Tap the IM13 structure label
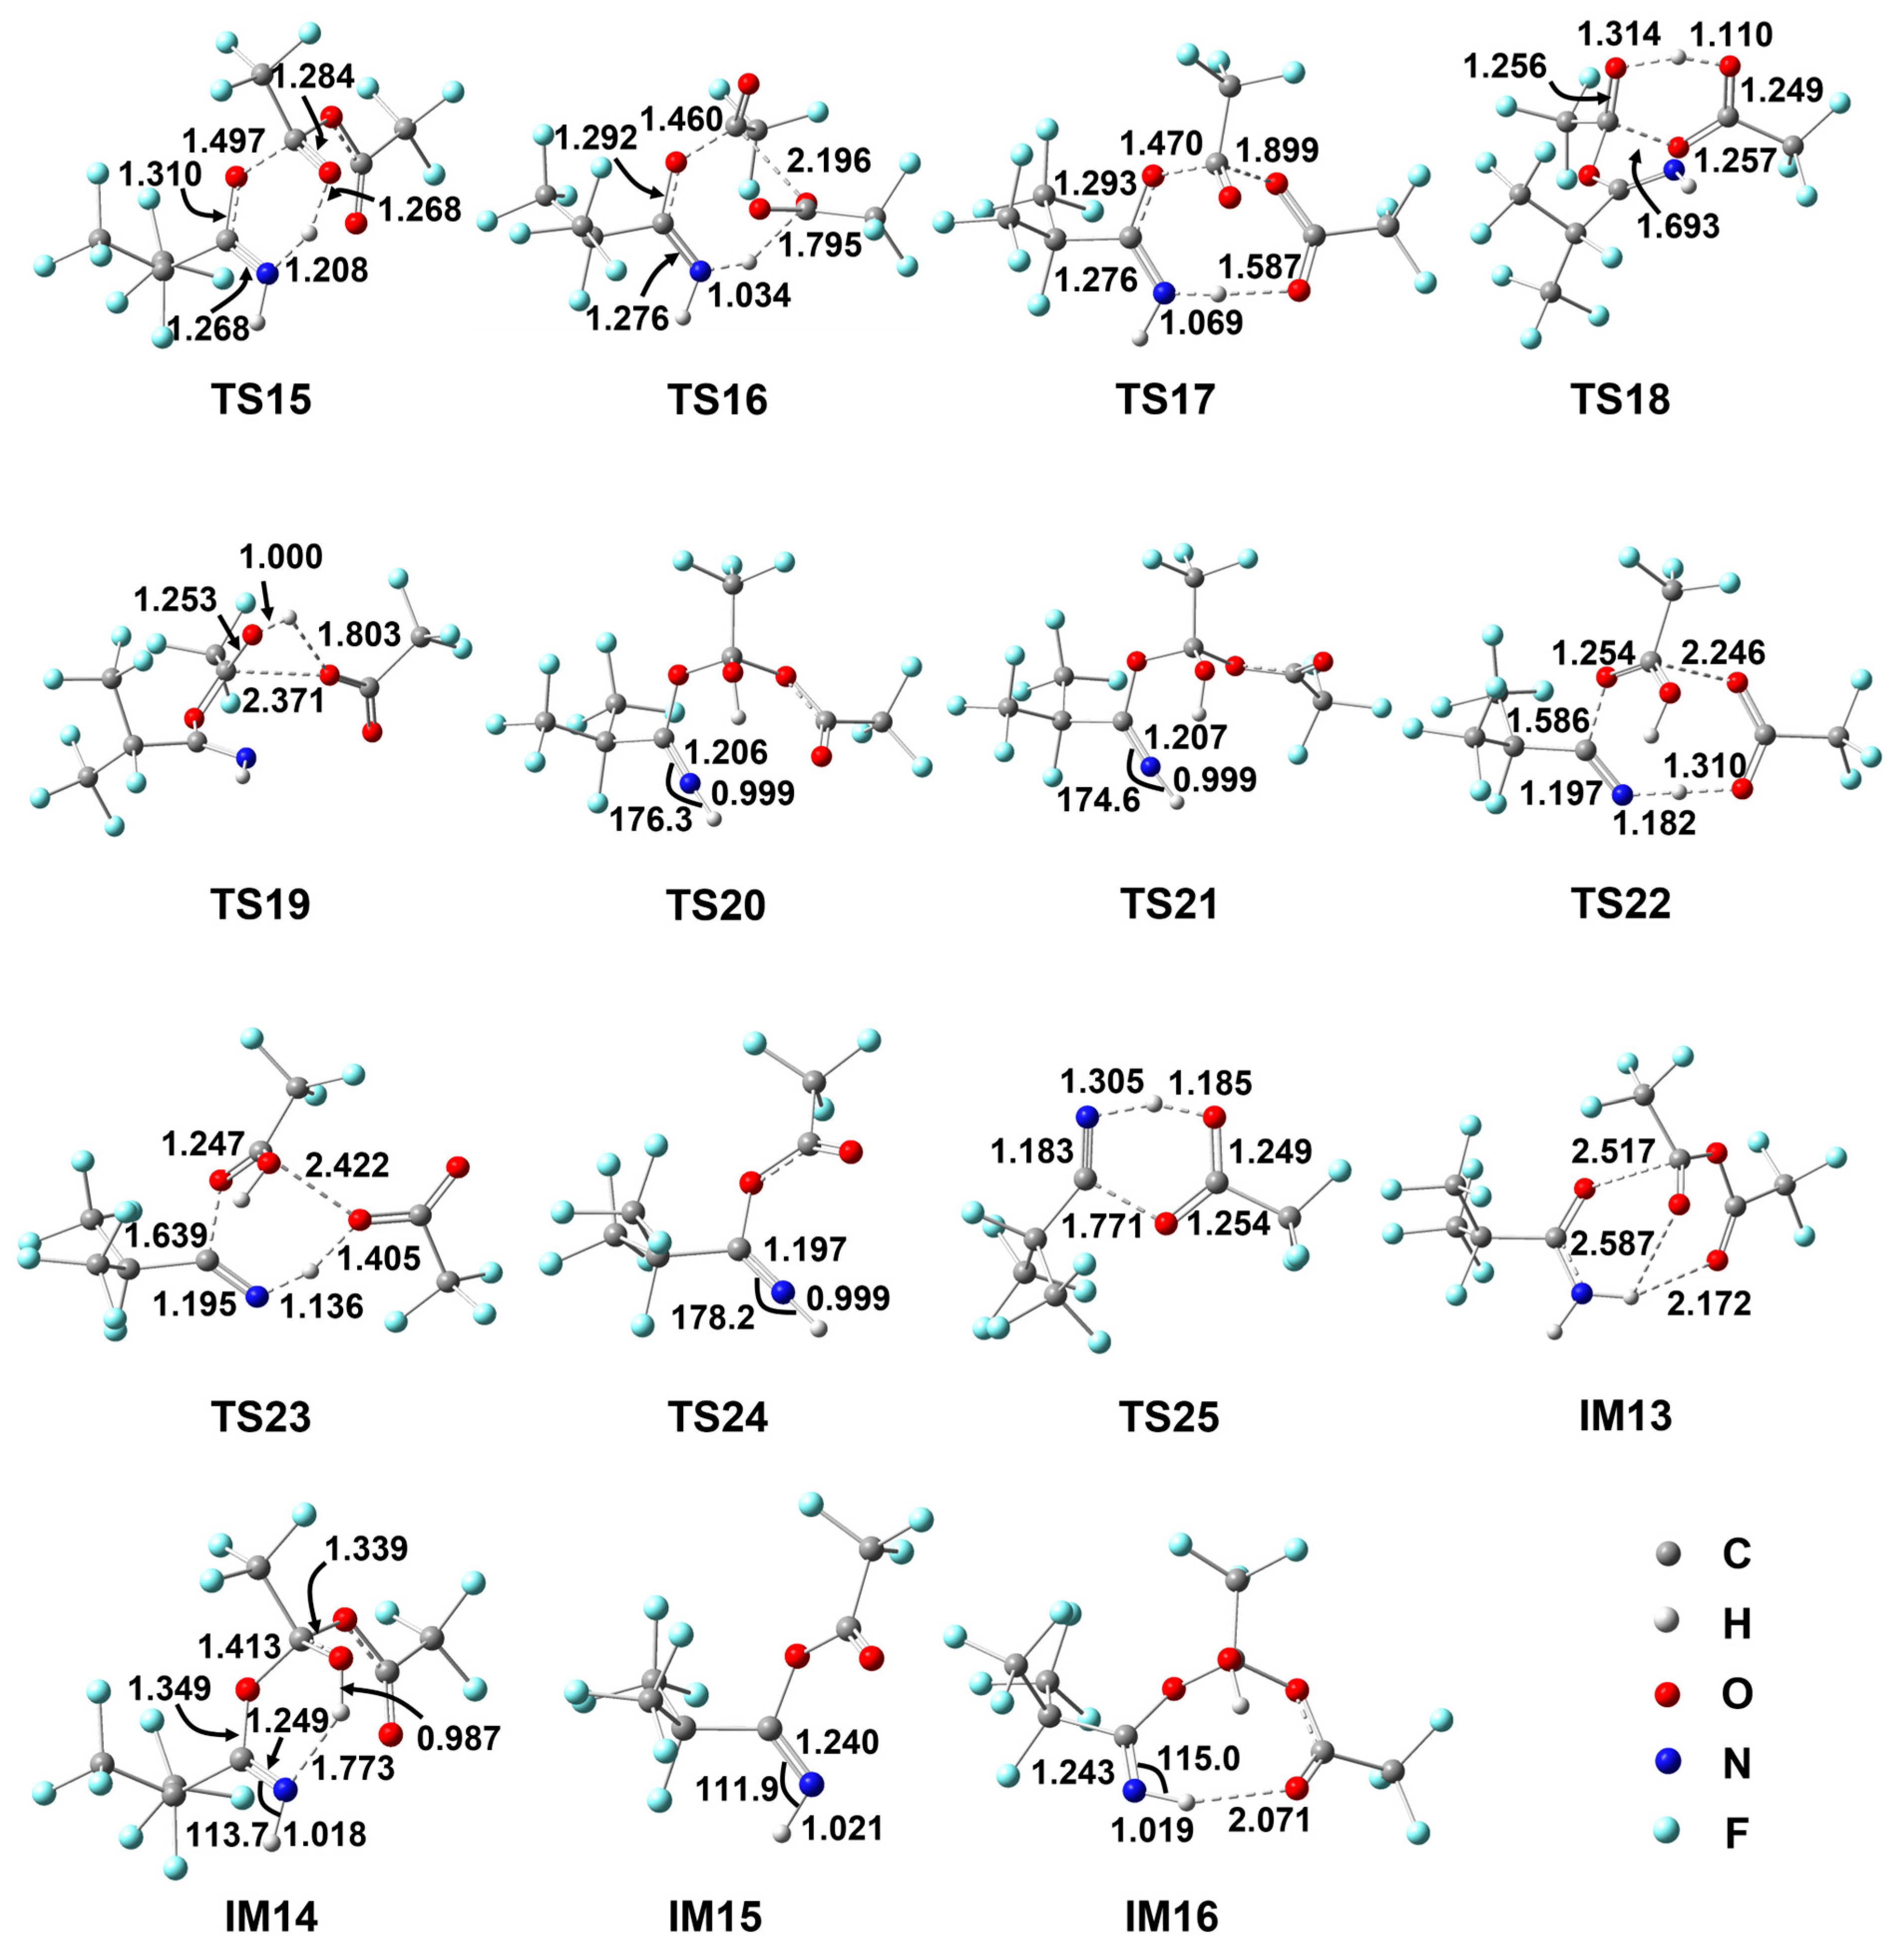point(1625,1416)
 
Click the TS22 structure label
point(1620,904)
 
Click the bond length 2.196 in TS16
point(829,161)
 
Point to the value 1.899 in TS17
point(1278,151)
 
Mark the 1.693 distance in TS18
point(1679,226)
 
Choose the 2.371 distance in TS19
point(284,700)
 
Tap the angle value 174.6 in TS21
point(1099,800)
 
